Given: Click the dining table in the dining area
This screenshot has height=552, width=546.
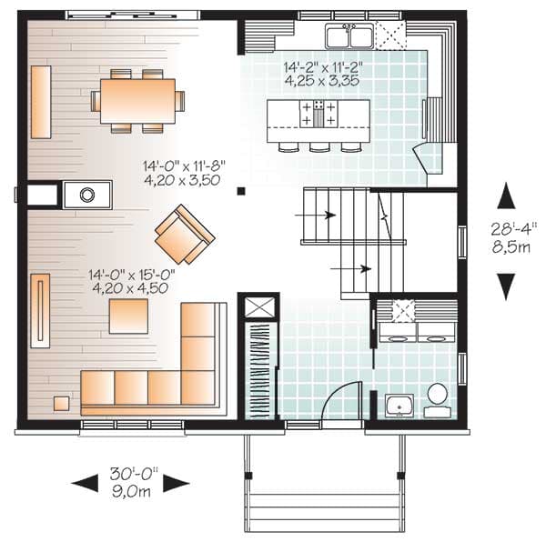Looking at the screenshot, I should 137,100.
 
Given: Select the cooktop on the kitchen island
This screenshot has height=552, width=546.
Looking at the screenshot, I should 318,114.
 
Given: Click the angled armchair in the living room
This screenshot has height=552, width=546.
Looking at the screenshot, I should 184,234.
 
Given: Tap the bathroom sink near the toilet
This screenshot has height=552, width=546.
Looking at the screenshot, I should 399,405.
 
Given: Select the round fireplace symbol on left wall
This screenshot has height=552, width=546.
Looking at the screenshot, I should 87,194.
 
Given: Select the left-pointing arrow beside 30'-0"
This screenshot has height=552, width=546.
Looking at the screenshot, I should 86,483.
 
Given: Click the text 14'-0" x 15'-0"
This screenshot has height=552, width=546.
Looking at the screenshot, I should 132,273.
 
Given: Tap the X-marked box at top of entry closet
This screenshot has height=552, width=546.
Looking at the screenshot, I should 258,307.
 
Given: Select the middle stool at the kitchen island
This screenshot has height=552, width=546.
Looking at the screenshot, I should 318,146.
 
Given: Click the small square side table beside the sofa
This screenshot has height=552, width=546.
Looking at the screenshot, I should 60,402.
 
